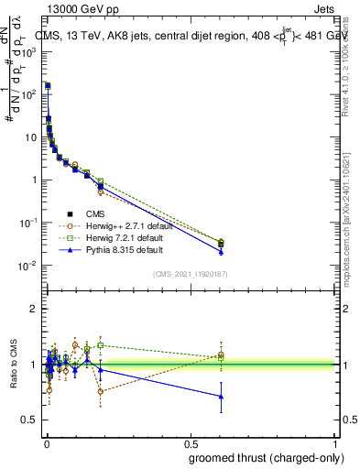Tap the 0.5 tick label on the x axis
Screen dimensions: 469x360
pos(191,443)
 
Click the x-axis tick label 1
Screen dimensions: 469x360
pos(336,443)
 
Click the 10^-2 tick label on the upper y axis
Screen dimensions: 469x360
pos(29,266)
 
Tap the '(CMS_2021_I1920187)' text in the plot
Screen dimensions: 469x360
pos(191,272)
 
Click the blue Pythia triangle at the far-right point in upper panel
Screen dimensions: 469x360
pos(221,251)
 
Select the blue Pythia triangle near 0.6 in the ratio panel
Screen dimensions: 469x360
pos(221,397)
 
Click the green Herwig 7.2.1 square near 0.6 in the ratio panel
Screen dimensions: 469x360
pos(221,357)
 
